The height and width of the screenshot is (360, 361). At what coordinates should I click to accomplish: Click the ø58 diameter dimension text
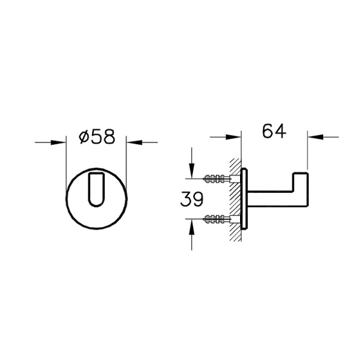(x=97, y=137)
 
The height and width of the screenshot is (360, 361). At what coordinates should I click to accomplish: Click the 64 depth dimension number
(x=273, y=131)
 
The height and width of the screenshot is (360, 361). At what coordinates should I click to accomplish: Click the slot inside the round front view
(x=96, y=188)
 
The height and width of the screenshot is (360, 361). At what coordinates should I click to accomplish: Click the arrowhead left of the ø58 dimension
(x=59, y=142)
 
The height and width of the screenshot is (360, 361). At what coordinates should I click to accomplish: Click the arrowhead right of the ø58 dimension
(x=133, y=142)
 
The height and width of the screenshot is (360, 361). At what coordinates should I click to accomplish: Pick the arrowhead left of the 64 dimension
(x=234, y=136)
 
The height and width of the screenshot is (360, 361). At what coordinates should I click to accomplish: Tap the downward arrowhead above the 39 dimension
(x=191, y=171)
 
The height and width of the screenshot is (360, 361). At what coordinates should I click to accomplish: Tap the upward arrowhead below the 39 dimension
(x=191, y=224)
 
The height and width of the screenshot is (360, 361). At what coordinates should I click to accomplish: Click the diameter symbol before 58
(x=83, y=138)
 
